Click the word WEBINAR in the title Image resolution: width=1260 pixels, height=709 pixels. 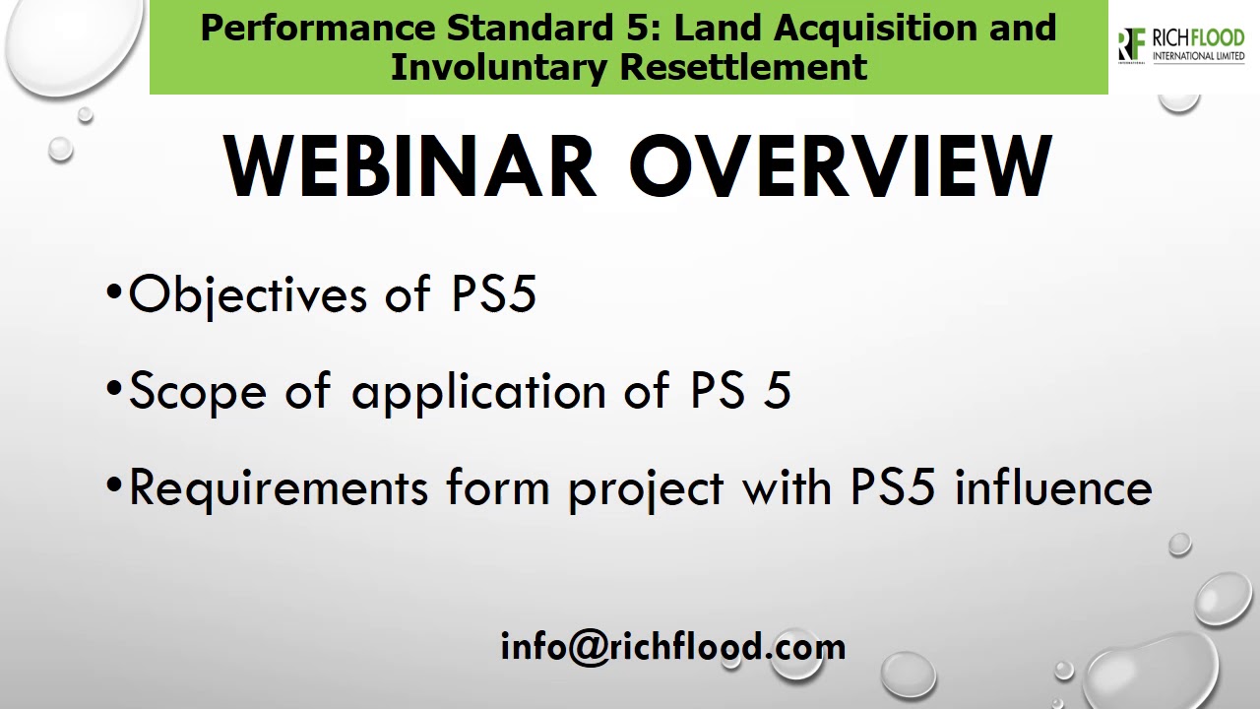410,166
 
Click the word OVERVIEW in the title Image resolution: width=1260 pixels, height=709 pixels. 842,166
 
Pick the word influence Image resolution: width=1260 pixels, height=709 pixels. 1053,487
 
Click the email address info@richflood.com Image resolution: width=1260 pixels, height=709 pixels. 673,647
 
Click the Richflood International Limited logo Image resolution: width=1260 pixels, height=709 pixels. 1181,45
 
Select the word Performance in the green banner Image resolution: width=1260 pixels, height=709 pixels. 317,28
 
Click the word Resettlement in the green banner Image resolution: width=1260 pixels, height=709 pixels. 743,67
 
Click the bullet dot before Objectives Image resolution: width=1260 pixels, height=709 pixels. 115,293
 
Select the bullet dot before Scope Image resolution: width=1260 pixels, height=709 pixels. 115,391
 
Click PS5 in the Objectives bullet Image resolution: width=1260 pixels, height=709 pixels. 494,293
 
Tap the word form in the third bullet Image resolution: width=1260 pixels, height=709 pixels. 497,488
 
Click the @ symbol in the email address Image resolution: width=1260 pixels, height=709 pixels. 589,648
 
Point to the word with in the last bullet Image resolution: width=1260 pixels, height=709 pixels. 787,487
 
